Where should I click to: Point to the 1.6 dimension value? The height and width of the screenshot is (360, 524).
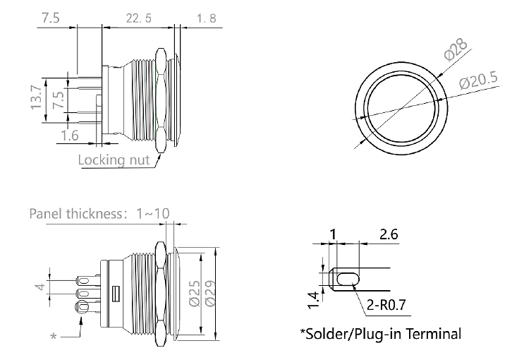pos(70,136)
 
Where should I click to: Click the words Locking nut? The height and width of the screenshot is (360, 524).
pos(114,160)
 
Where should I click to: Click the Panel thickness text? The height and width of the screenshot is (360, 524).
pos(73,214)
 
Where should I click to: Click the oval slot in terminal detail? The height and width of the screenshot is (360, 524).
pos(346,280)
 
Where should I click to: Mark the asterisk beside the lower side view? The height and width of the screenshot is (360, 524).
pos(54,338)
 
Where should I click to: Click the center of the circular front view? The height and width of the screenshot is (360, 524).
pos(400,109)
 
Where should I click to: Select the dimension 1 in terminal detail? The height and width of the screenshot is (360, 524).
pos(334,233)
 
